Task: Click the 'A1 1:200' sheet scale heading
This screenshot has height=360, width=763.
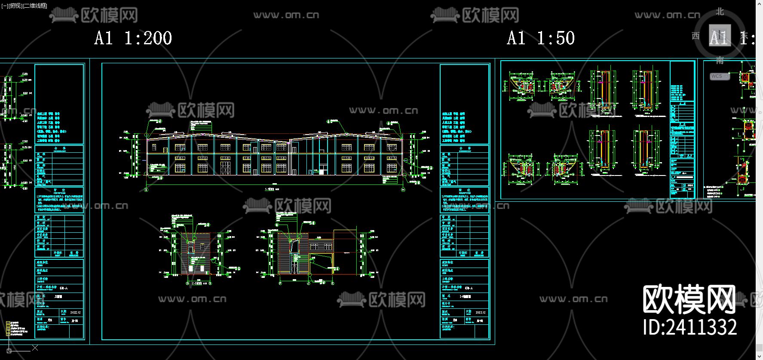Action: (x=133, y=38)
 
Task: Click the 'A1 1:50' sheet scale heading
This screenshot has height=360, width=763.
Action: (x=540, y=38)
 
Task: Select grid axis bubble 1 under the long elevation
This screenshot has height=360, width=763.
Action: (x=146, y=189)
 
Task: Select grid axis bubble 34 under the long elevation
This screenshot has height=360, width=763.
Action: (x=403, y=189)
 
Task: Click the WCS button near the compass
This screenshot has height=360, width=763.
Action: (x=717, y=76)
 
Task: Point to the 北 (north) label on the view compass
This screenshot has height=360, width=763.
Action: (x=720, y=12)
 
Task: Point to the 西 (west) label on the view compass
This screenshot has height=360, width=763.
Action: (x=696, y=36)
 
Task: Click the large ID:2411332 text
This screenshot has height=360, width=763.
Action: (x=690, y=327)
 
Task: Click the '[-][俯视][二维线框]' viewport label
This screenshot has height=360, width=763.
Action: (x=25, y=6)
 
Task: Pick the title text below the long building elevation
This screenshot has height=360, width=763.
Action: (x=272, y=189)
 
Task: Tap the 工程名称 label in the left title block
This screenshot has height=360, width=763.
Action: (x=42, y=279)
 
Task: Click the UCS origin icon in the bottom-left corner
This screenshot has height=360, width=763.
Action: (x=9, y=351)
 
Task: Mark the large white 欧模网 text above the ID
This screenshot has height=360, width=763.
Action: (x=689, y=299)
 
